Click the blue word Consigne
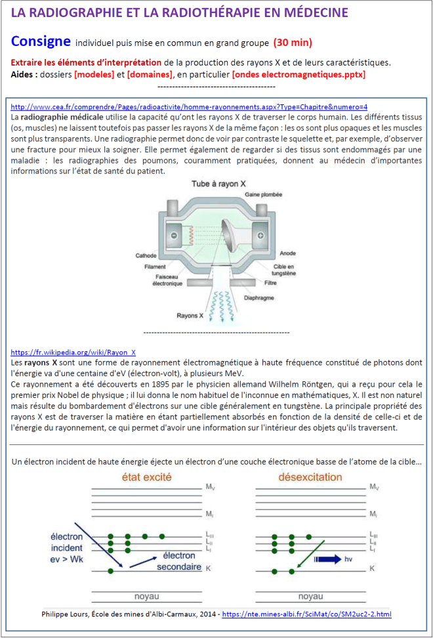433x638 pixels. coord(41,41)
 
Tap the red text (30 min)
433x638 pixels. coord(293,43)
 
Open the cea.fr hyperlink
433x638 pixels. coord(189,106)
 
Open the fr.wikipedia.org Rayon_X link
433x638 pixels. coord(73,352)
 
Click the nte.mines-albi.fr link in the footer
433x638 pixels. coord(307,614)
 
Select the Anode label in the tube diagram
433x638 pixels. coord(287,253)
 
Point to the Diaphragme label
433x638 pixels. coord(279,296)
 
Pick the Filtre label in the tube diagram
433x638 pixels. coord(270,283)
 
